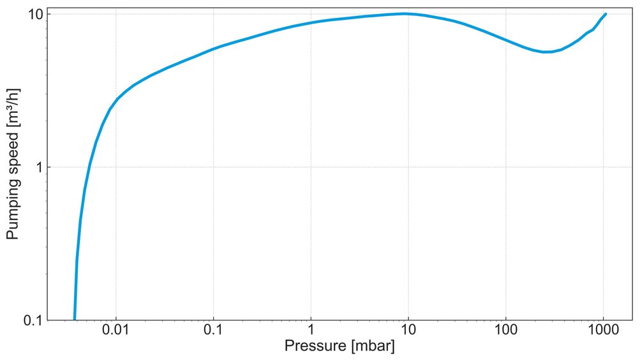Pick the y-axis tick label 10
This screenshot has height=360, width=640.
click(31, 14)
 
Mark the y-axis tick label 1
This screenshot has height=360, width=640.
click(36, 167)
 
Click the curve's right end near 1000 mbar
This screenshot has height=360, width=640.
click(605, 13)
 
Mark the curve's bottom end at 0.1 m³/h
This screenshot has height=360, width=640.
click(75, 319)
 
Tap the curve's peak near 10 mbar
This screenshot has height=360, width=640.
click(405, 13)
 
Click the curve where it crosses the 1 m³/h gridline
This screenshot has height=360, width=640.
click(89, 167)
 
